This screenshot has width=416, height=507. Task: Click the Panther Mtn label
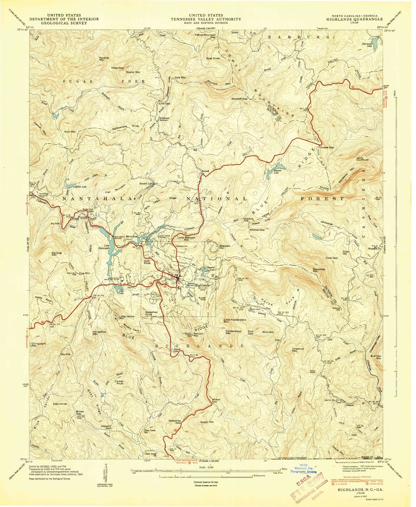pos(104,59)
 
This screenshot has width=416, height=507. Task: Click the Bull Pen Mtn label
pos(376,357)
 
